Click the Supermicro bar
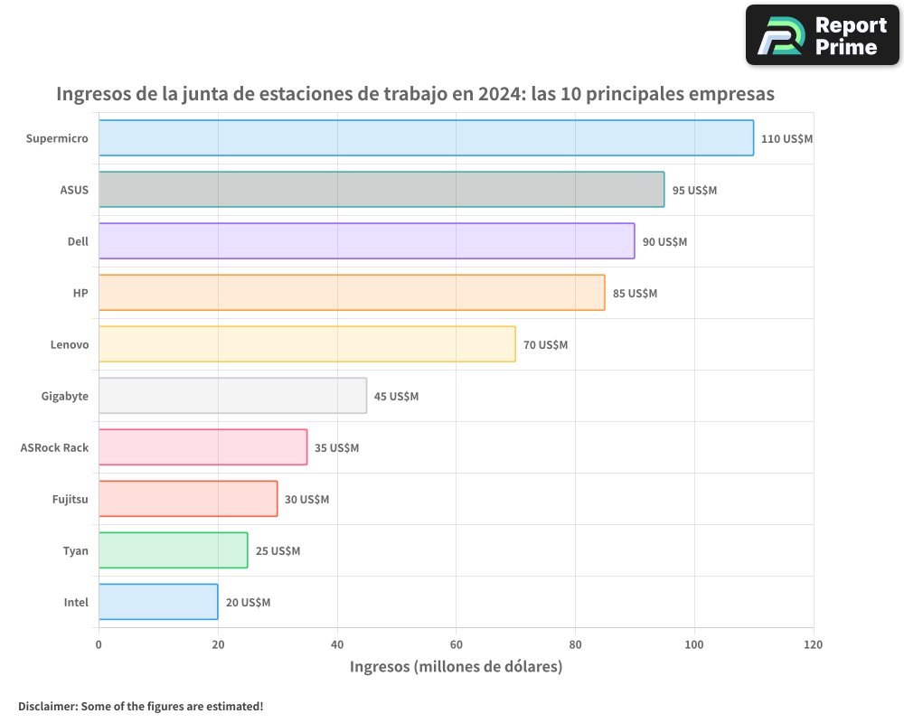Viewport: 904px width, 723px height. click(426, 138)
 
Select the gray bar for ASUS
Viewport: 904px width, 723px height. click(381, 190)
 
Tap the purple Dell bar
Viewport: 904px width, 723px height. click(366, 241)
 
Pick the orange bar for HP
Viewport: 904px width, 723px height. click(352, 293)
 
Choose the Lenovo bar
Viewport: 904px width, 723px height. click(306, 344)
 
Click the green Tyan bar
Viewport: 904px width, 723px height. click(173, 550)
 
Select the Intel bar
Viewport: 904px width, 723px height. click(158, 602)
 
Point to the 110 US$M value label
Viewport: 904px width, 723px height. click(786, 139)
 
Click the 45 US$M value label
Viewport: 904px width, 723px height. click(396, 397)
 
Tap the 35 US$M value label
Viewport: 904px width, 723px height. click(336, 448)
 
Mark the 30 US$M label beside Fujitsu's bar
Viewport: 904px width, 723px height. click(306, 500)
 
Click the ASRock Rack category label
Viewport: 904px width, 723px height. click(54, 447)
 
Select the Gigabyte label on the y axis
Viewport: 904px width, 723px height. click(65, 396)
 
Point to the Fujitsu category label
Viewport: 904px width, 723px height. click(71, 499)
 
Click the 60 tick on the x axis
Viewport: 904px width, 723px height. click(456, 644)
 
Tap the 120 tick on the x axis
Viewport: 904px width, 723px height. click(813, 644)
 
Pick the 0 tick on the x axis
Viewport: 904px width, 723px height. click(99, 644)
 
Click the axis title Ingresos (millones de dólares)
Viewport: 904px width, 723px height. click(456, 667)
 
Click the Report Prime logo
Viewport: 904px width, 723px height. click(822, 35)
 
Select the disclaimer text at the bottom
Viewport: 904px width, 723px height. click(141, 706)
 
